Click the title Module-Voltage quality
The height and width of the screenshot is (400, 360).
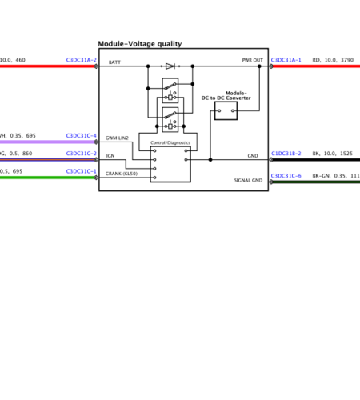pyautogui.click(x=140, y=44)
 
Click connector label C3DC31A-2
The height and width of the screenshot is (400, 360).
pyautogui.click(x=81, y=60)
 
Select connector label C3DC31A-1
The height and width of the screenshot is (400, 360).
pyautogui.click(x=286, y=60)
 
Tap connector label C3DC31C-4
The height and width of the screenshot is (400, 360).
pyautogui.click(x=81, y=136)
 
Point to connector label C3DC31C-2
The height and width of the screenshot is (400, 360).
pyautogui.click(x=81, y=154)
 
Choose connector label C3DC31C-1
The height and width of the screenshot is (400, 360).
pyautogui.click(x=81, y=171)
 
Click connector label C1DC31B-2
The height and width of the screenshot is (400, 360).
pyautogui.click(x=286, y=153)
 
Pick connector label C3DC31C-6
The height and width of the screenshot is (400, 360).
pyautogui.click(x=286, y=175)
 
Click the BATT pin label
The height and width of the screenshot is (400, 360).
pyautogui.click(x=114, y=62)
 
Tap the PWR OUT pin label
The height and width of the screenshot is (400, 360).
pyautogui.click(x=252, y=61)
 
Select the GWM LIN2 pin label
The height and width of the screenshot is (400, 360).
pyautogui.click(x=117, y=138)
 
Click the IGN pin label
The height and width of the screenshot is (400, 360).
pyautogui.click(x=110, y=156)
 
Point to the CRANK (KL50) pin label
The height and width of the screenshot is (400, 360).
pyautogui.click(x=122, y=174)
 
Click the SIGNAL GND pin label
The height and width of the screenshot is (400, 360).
pyautogui.click(x=248, y=181)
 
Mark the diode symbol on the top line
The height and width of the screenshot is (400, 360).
pyautogui.click(x=170, y=66)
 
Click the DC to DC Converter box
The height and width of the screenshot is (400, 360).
pyautogui.click(x=226, y=110)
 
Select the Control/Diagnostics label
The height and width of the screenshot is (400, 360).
pyautogui.click(x=170, y=142)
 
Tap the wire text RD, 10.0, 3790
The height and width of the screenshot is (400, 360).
pyautogui.click(x=333, y=60)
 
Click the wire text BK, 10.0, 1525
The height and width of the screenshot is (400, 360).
pyautogui.click(x=332, y=153)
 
